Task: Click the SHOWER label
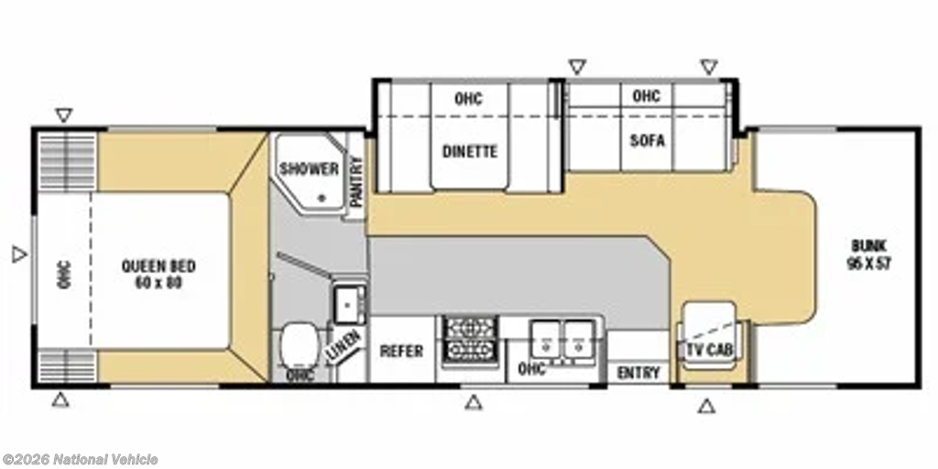310,169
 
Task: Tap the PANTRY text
356,181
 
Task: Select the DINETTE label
470,152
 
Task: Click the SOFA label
648,140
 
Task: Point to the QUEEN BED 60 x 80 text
158,275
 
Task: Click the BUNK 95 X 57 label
868,255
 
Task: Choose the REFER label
401,351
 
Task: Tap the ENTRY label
638,374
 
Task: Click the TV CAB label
710,351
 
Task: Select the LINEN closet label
344,346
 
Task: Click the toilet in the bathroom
299,345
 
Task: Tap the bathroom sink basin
349,303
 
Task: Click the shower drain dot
322,196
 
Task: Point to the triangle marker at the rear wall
20,255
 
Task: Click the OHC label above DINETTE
468,99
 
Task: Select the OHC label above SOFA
646,95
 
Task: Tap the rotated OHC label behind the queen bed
64,275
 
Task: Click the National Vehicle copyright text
81,460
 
